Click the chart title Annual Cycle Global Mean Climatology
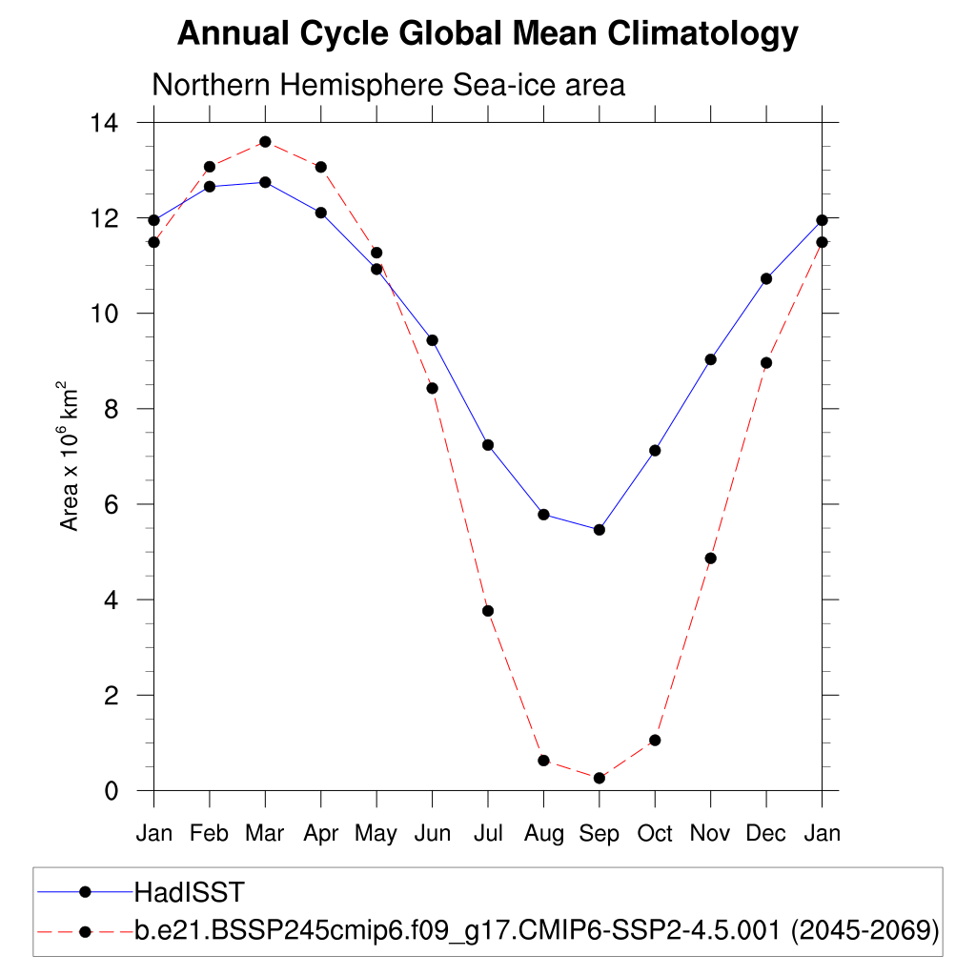click(487, 34)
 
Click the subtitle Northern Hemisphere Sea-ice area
click(388, 85)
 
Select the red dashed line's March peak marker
click(265, 142)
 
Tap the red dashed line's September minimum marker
click(600, 778)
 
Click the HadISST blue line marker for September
click(600, 530)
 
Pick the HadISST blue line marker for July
click(488, 445)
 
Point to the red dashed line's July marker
click(488, 611)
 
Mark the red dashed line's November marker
click(710, 559)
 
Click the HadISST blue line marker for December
click(766, 278)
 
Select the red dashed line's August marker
click(543, 761)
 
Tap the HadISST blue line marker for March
click(265, 182)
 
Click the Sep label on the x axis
click(600, 834)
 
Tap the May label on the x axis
click(376, 834)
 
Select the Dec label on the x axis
click(766, 834)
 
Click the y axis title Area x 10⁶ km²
click(70, 457)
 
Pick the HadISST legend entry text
click(190, 892)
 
